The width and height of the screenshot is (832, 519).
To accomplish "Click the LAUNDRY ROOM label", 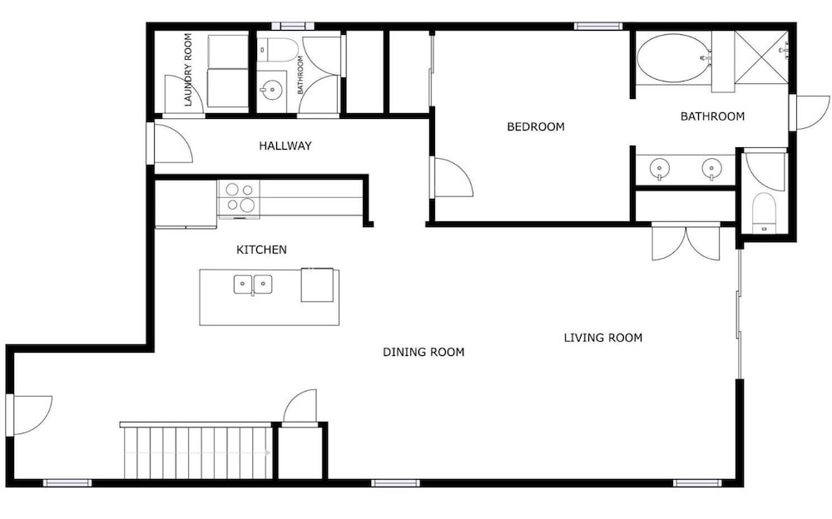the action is [188, 70].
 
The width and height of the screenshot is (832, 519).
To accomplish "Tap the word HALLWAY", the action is [285, 146].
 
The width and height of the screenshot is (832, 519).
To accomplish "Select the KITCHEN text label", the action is [261, 250].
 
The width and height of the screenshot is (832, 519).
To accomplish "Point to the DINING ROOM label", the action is [423, 352].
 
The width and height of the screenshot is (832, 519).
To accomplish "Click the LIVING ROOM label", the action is [602, 338].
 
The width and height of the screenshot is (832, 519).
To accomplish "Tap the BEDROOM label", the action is [535, 126].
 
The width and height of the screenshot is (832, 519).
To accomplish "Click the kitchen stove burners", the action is [239, 197].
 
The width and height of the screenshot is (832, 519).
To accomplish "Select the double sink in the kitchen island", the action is [253, 284].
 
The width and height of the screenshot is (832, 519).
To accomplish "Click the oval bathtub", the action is [673, 58].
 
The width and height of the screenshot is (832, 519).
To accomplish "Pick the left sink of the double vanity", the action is [659, 170].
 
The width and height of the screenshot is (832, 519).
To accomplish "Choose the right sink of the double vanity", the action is [711, 170].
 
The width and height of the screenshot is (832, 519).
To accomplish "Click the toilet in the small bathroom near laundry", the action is [277, 49].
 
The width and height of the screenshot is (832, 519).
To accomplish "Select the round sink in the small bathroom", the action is [272, 89].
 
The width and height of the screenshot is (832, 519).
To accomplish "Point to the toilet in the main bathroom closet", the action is [764, 212].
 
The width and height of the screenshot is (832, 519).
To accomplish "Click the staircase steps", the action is [197, 452].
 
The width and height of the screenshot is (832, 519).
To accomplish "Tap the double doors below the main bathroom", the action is [686, 243].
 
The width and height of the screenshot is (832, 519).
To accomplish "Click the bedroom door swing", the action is [452, 178].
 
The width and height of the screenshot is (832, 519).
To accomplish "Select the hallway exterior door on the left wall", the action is [171, 143].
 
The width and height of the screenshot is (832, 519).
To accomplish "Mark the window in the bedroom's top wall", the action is [598, 26].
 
